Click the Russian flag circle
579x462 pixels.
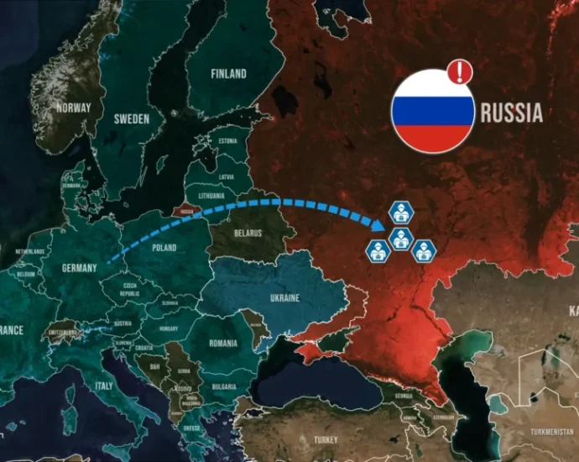tap(432, 111)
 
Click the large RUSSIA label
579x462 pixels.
tap(512, 113)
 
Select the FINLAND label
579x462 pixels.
tap(228, 74)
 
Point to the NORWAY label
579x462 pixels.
tap(73, 108)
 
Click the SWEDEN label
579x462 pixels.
tap(132, 119)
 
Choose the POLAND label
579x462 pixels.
tap(164, 248)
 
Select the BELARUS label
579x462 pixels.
tap(248, 233)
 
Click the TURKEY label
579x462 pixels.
tap(325, 439)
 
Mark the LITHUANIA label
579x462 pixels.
tap(210, 194)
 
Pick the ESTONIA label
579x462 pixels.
tap(227, 141)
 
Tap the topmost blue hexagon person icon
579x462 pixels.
tap(401, 211)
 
